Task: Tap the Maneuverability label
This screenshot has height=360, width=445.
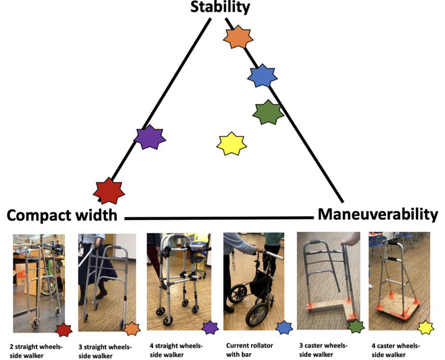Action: click(378, 214)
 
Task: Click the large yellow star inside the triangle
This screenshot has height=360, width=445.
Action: click(231, 143)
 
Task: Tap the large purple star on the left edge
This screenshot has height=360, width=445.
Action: click(150, 138)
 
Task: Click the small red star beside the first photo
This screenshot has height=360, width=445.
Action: click(64, 330)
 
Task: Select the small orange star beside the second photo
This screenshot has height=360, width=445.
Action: click(132, 329)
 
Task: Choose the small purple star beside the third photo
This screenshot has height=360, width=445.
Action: click(210, 328)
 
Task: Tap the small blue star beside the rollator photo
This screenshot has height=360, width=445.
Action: click(285, 327)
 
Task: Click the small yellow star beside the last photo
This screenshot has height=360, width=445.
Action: click(425, 328)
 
